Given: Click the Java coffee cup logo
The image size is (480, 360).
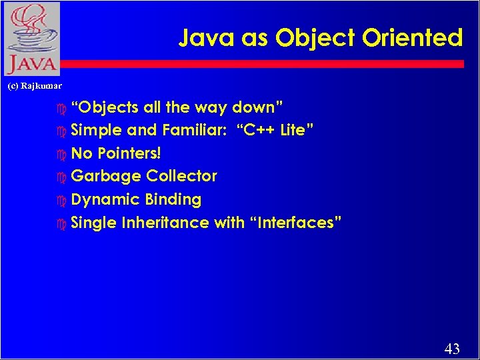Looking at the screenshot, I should (30, 39).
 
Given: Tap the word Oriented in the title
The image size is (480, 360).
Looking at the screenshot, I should (413, 38).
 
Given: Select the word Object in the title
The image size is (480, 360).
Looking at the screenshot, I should (316, 38).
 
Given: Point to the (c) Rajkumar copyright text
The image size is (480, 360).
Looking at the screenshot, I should (34, 86).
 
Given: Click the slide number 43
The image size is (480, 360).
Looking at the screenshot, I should (451, 348).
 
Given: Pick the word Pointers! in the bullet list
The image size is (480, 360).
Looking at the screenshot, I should (129, 153).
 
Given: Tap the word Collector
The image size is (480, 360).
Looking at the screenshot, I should (182, 176).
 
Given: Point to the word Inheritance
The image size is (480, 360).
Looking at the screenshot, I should (165, 223).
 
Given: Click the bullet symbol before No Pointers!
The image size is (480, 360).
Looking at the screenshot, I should (63, 154).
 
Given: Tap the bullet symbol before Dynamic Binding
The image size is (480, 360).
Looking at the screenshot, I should (63, 200).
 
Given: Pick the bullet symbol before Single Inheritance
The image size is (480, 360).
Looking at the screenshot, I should (63, 223).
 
